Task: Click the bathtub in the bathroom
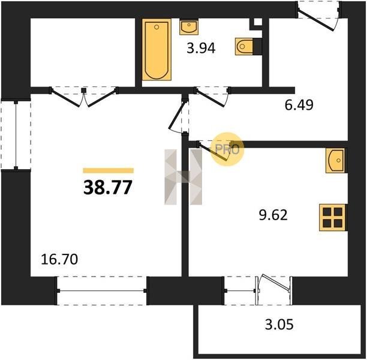[x=157, y=50]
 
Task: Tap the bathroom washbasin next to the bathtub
[x=189, y=27]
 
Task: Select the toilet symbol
[x=244, y=46]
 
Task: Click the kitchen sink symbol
[x=335, y=161]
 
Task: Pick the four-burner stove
[x=332, y=218]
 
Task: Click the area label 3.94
[x=201, y=49]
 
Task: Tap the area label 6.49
[x=299, y=104]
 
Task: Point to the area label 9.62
[x=273, y=215]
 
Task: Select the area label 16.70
[x=59, y=260]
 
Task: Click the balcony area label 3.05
[x=279, y=325]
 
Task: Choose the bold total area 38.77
[x=108, y=188]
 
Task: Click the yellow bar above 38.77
[x=109, y=170]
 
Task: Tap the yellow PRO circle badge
[x=227, y=149]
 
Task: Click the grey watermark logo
[x=183, y=177]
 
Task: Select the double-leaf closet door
[x=84, y=97]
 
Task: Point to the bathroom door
[x=212, y=97]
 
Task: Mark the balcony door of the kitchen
[x=274, y=290]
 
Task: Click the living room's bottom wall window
[x=102, y=290]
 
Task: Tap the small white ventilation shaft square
[x=258, y=22]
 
